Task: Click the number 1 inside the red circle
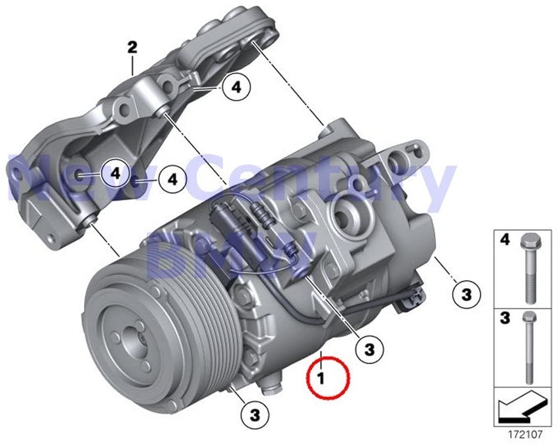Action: pyautogui.click(x=321, y=378)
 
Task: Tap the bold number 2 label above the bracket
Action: pyautogui.click(x=132, y=47)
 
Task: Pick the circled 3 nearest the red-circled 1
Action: pyautogui.click(x=370, y=348)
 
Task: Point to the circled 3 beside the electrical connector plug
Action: pyautogui.click(x=466, y=294)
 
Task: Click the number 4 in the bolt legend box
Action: pyautogui.click(x=505, y=241)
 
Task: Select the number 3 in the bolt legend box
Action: pyautogui.click(x=505, y=319)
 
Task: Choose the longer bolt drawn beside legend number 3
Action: pyautogui.click(x=529, y=351)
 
